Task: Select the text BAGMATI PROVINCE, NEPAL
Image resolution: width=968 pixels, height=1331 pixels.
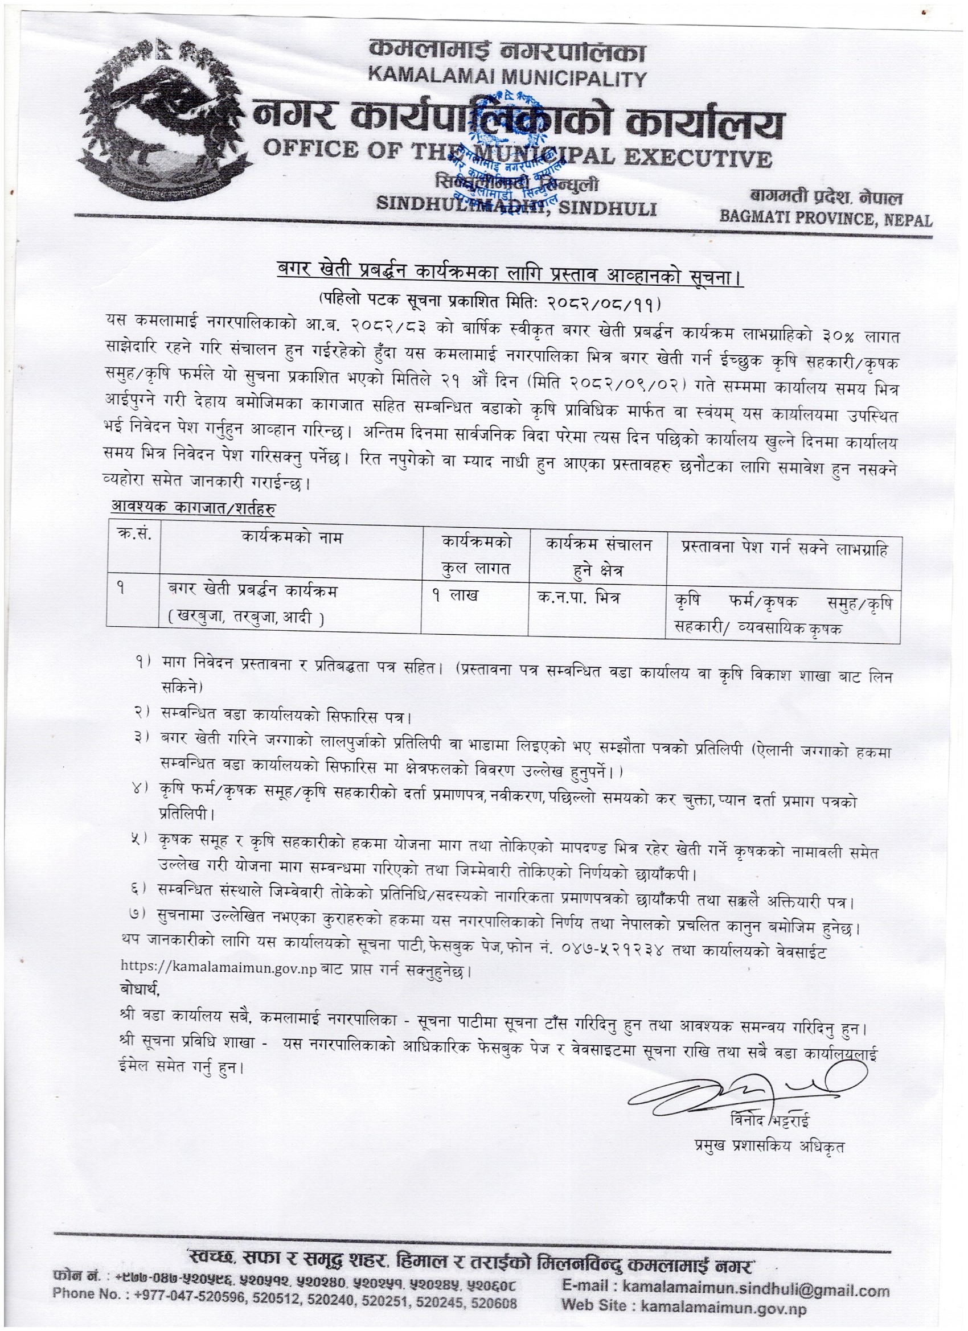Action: click(x=826, y=220)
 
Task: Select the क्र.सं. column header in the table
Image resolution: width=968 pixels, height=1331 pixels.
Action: click(x=133, y=537)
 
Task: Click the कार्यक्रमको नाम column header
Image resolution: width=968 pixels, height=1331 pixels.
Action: click(x=291, y=537)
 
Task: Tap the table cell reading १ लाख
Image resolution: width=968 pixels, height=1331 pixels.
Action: click(x=455, y=596)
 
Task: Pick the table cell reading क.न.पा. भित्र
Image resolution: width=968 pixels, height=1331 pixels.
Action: click(x=578, y=597)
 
